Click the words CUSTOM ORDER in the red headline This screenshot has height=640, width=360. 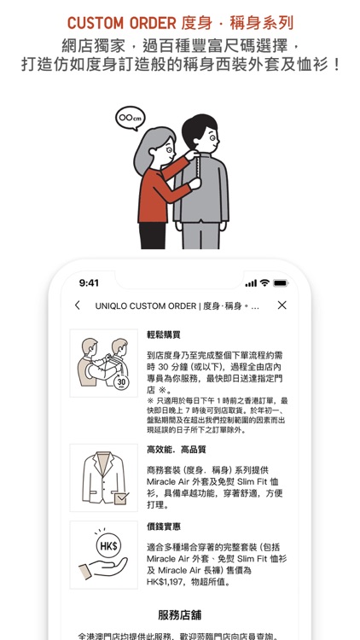point(122,23)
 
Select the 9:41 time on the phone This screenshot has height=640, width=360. point(89,282)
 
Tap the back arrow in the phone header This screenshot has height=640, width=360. point(78,305)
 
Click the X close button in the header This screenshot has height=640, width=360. point(282,305)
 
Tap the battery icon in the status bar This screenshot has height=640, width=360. point(281,282)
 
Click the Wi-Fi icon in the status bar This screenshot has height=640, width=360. point(264,282)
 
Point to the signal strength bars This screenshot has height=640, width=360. point(251,282)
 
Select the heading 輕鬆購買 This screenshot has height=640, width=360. point(164,335)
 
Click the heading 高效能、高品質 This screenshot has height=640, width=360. point(177,449)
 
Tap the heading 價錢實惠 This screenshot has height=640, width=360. point(164,527)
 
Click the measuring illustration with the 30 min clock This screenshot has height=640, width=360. point(103,363)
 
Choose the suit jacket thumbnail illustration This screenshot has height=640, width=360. point(103,477)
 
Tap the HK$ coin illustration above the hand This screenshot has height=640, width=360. point(108,544)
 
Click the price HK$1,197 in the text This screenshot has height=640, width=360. point(175,582)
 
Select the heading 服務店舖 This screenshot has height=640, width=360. point(179,614)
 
